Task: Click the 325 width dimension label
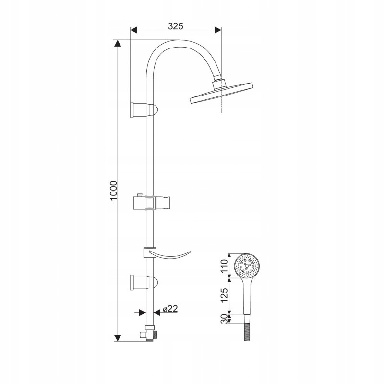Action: (176, 26)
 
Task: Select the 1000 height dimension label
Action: (114, 191)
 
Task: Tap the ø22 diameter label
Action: (170, 309)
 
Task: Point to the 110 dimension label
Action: (224, 266)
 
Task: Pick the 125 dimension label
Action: (224, 295)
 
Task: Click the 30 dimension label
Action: (224, 319)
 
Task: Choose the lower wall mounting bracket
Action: (144, 283)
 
